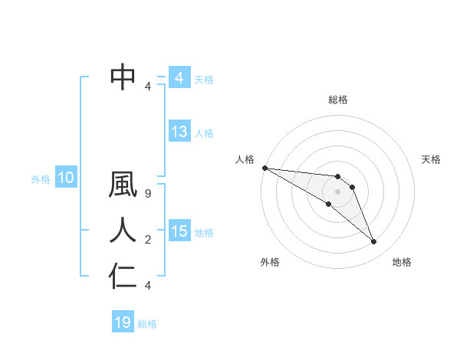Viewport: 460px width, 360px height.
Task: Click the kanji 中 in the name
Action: point(123,77)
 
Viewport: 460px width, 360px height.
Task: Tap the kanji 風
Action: point(123,187)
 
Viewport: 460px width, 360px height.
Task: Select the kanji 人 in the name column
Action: point(123,231)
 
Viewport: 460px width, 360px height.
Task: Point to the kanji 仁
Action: point(123,276)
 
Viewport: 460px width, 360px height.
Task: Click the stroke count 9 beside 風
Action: point(148,195)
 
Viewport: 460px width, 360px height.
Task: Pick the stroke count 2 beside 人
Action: point(148,240)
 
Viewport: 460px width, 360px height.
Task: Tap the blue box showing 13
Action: point(179,132)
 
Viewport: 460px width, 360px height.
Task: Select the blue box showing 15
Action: point(179,231)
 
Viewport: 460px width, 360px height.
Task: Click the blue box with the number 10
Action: point(65,178)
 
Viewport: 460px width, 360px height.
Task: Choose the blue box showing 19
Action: point(123,322)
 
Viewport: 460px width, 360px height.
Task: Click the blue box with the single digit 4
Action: point(179,78)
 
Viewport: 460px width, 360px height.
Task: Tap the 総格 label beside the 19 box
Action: point(147,324)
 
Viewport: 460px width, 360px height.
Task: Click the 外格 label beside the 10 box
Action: point(41,179)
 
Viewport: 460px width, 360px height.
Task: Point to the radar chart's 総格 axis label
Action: point(338,100)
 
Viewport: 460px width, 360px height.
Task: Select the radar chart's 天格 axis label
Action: point(432,159)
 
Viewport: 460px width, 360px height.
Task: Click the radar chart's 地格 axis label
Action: point(402,262)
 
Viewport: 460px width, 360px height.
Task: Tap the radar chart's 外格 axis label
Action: point(270,262)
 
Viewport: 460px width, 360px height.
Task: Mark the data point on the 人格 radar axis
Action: point(264,167)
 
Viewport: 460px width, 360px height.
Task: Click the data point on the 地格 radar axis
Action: point(374,242)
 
